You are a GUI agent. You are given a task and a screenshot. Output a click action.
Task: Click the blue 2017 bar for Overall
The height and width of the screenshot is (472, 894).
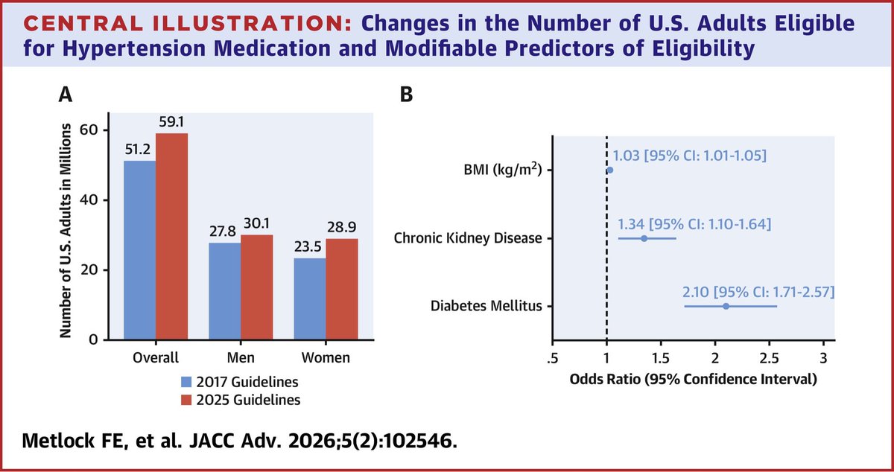(140, 250)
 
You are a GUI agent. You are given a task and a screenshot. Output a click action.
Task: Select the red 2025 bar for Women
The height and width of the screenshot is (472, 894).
(342, 290)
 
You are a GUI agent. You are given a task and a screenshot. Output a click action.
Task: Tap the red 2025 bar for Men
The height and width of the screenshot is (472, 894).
(257, 287)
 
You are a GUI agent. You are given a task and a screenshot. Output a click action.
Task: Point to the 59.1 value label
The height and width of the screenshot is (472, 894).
(171, 121)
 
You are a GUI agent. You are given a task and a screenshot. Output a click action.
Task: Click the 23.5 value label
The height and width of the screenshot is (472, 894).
(308, 247)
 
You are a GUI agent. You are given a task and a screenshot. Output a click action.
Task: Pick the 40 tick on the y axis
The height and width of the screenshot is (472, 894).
(89, 200)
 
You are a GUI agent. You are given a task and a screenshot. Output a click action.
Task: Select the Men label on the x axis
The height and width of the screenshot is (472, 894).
(241, 357)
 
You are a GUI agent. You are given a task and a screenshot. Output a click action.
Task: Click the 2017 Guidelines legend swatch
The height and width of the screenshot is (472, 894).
(186, 382)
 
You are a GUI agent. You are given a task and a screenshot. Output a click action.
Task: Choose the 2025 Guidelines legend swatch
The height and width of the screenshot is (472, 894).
(186, 400)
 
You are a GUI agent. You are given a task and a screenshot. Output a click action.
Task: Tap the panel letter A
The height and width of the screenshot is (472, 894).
(66, 95)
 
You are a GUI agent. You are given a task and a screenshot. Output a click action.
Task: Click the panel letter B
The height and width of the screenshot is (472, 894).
(406, 95)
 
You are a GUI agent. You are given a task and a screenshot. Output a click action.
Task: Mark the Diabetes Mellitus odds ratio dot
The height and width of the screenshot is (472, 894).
(726, 306)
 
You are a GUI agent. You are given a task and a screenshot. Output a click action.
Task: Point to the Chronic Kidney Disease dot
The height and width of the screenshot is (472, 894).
(644, 238)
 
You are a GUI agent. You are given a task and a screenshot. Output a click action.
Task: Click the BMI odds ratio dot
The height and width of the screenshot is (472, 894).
(610, 170)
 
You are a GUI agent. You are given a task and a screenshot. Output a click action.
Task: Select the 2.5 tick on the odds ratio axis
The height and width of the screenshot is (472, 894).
(769, 358)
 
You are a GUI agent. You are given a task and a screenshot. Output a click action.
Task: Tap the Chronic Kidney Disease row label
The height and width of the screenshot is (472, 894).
(468, 238)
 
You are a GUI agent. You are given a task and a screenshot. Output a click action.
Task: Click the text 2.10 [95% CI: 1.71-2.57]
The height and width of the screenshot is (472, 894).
(758, 292)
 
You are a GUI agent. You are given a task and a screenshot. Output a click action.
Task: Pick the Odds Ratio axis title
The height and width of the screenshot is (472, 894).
(694, 379)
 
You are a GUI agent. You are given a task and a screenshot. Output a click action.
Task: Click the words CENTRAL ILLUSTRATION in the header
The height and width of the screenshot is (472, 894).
(188, 24)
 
